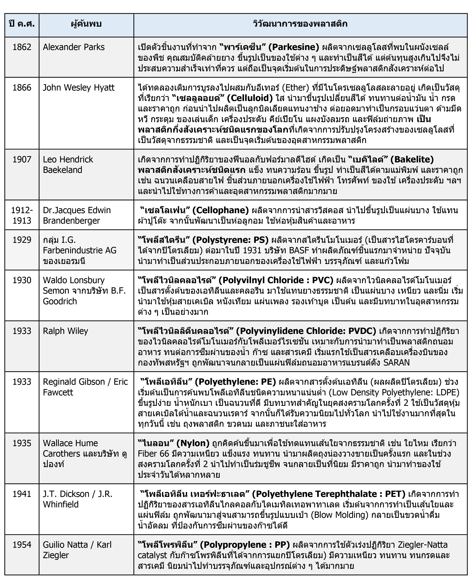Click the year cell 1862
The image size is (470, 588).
[x=22, y=47]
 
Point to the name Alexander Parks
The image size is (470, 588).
[x=74, y=47]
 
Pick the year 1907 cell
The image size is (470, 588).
[x=22, y=159]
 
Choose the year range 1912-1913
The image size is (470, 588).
[x=22, y=215]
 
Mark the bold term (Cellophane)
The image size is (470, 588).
[x=220, y=210]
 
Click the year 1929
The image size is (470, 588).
[x=22, y=240]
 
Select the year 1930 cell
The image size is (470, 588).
[x=22, y=280]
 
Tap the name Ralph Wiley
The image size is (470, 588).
[x=65, y=331]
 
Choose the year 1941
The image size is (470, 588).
[x=22, y=494]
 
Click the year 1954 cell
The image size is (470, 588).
[x=22, y=545]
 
